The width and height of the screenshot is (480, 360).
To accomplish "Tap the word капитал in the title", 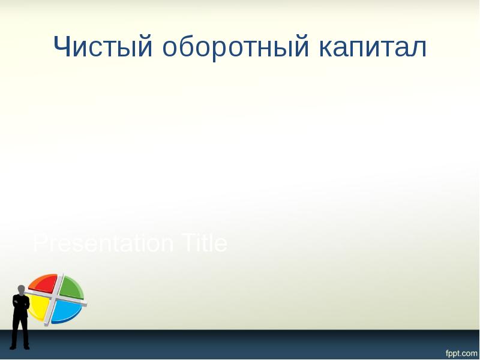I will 373,47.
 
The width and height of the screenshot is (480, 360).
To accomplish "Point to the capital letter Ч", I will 64,47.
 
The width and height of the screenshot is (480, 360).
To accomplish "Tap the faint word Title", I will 202,244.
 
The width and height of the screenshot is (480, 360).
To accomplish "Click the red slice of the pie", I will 43,284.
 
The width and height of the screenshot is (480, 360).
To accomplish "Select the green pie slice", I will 70,286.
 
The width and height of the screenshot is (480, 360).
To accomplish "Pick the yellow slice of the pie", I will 40,307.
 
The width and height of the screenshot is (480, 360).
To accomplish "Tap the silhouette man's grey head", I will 22,290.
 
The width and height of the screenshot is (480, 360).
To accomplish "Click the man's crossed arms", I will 21,304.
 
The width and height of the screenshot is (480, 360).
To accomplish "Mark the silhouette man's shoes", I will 20,346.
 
